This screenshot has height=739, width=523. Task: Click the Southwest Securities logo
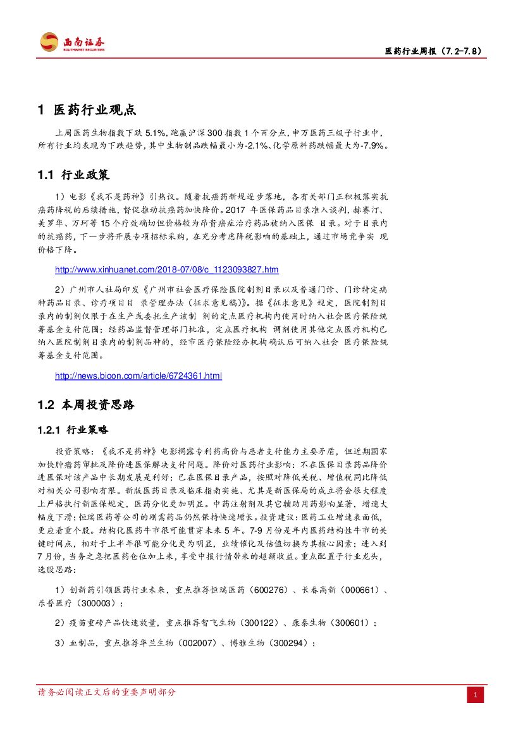pyautogui.click(x=73, y=42)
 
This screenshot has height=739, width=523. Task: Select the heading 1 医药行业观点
pyautogui.click(x=87, y=110)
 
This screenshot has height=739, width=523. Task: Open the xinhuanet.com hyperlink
pyautogui.click(x=167, y=270)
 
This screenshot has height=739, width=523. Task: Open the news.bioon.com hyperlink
pyautogui.click(x=138, y=376)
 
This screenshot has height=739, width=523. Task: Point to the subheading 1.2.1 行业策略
pyautogui.click(x=73, y=430)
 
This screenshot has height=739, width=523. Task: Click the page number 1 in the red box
pyautogui.click(x=476, y=696)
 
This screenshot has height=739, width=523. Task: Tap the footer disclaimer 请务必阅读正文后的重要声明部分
pyautogui.click(x=108, y=692)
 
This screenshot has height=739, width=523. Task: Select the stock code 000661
pyautogui.click(x=358, y=590)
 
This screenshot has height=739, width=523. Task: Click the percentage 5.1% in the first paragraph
pyautogui.click(x=156, y=133)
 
